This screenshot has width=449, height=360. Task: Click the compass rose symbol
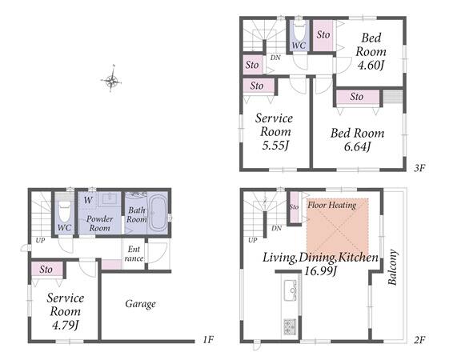[111, 80]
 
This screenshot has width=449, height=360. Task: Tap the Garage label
[140, 304]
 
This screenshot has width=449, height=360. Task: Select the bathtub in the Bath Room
[157, 213]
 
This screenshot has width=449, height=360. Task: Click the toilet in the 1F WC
[64, 211]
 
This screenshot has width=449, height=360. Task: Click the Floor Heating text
[332, 205]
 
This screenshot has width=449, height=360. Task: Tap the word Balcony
[392, 267]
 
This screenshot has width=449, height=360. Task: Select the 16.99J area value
[320, 270]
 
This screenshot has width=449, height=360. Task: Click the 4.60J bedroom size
[371, 65]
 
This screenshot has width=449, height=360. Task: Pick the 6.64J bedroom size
[357, 146]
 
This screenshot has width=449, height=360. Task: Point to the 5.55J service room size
[275, 146]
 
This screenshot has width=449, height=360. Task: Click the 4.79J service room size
[65, 325]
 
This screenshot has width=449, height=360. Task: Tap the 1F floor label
[208, 340]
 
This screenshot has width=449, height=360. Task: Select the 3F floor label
[419, 168]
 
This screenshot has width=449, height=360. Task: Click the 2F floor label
[419, 340]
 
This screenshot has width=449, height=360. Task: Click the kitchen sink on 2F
[291, 290]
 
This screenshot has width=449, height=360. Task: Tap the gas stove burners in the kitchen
[290, 326]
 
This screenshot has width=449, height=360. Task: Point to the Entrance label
[134, 254]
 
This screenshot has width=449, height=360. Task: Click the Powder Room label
[99, 223]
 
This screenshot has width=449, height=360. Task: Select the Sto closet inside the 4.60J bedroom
[323, 35]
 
